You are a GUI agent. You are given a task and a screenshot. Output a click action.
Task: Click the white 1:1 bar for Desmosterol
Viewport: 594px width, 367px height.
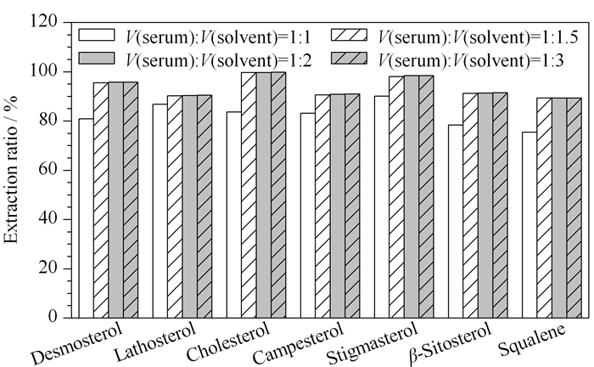click(87, 218)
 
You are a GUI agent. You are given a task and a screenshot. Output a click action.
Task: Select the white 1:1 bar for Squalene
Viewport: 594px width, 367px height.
click(530, 225)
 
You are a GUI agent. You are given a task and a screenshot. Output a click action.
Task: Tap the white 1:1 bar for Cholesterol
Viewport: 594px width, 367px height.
click(234, 215)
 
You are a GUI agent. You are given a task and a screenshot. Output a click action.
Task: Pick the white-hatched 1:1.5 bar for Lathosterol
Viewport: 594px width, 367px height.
click(175, 206)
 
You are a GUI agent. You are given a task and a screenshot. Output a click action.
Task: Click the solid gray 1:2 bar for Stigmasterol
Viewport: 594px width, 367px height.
click(411, 197)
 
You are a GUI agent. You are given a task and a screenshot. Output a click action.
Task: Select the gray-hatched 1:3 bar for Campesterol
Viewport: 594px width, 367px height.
click(352, 206)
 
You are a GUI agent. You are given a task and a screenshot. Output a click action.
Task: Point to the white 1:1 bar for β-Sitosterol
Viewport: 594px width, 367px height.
click(456, 221)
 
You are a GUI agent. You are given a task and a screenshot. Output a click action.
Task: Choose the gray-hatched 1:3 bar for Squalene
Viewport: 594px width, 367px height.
click(574, 208)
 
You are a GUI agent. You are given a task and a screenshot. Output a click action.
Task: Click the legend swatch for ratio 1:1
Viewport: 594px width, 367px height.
click(97, 35)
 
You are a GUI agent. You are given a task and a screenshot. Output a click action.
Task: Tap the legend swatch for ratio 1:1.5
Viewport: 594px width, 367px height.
click(350, 35)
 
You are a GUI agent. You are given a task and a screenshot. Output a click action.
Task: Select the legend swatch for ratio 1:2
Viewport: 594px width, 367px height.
click(97, 58)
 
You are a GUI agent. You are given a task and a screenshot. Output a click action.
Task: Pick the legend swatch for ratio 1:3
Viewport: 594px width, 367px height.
click(350, 58)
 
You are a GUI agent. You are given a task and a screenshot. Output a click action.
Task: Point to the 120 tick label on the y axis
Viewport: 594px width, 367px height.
click(43, 22)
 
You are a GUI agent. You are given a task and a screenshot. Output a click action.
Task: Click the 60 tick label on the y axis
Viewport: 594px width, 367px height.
click(48, 170)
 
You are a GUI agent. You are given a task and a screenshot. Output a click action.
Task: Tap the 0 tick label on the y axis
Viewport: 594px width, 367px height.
click(53, 317)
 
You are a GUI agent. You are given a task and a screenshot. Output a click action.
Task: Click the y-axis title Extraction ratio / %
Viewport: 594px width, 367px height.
click(11, 169)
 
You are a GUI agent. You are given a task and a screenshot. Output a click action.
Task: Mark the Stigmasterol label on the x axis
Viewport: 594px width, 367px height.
click(372, 344)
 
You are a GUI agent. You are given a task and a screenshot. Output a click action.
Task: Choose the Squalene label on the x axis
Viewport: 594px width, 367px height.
click(532, 340)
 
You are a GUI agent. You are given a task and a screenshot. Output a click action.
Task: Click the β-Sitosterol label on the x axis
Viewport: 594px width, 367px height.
click(451, 343)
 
